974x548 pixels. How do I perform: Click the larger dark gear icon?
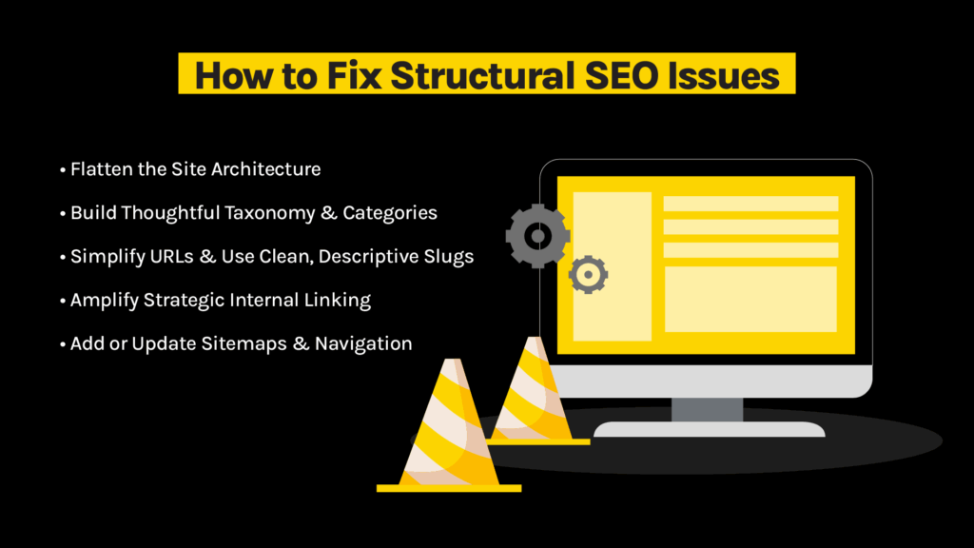click(x=537, y=234)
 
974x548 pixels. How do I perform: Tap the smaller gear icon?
click(x=588, y=275)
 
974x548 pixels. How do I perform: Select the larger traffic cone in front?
click(x=448, y=428)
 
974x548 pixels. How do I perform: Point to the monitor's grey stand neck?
click(x=707, y=409)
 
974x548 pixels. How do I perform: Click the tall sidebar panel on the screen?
click(x=612, y=266)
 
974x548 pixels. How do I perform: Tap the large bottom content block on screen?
click(x=750, y=299)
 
